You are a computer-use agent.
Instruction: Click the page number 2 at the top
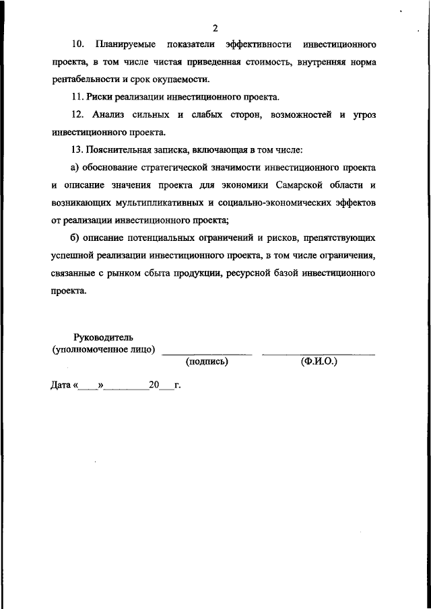click(x=215, y=28)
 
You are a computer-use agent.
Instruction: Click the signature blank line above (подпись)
click(x=207, y=353)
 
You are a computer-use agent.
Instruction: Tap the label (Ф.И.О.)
click(x=319, y=362)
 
